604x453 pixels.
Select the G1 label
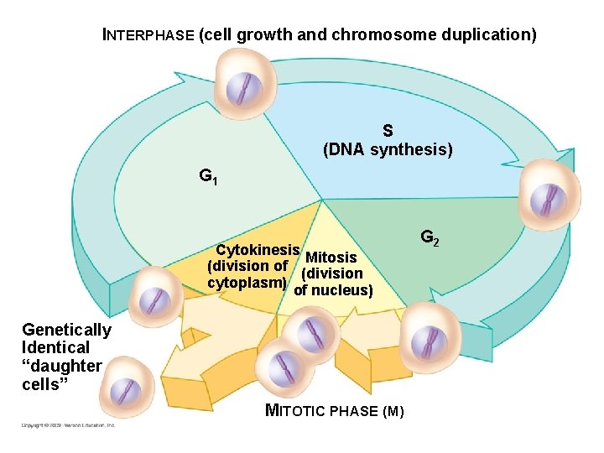tap(208, 177)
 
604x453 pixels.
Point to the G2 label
tap(429, 239)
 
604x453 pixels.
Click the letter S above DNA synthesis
tap(388, 131)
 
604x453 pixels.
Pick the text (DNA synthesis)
tap(388, 150)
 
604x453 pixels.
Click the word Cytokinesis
tap(258, 250)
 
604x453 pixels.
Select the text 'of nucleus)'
tap(333, 290)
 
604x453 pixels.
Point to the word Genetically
tap(66, 330)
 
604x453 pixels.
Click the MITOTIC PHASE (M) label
tap(335, 411)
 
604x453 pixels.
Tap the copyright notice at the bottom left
tap(68, 425)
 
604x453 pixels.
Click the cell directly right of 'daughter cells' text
tap(126, 389)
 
